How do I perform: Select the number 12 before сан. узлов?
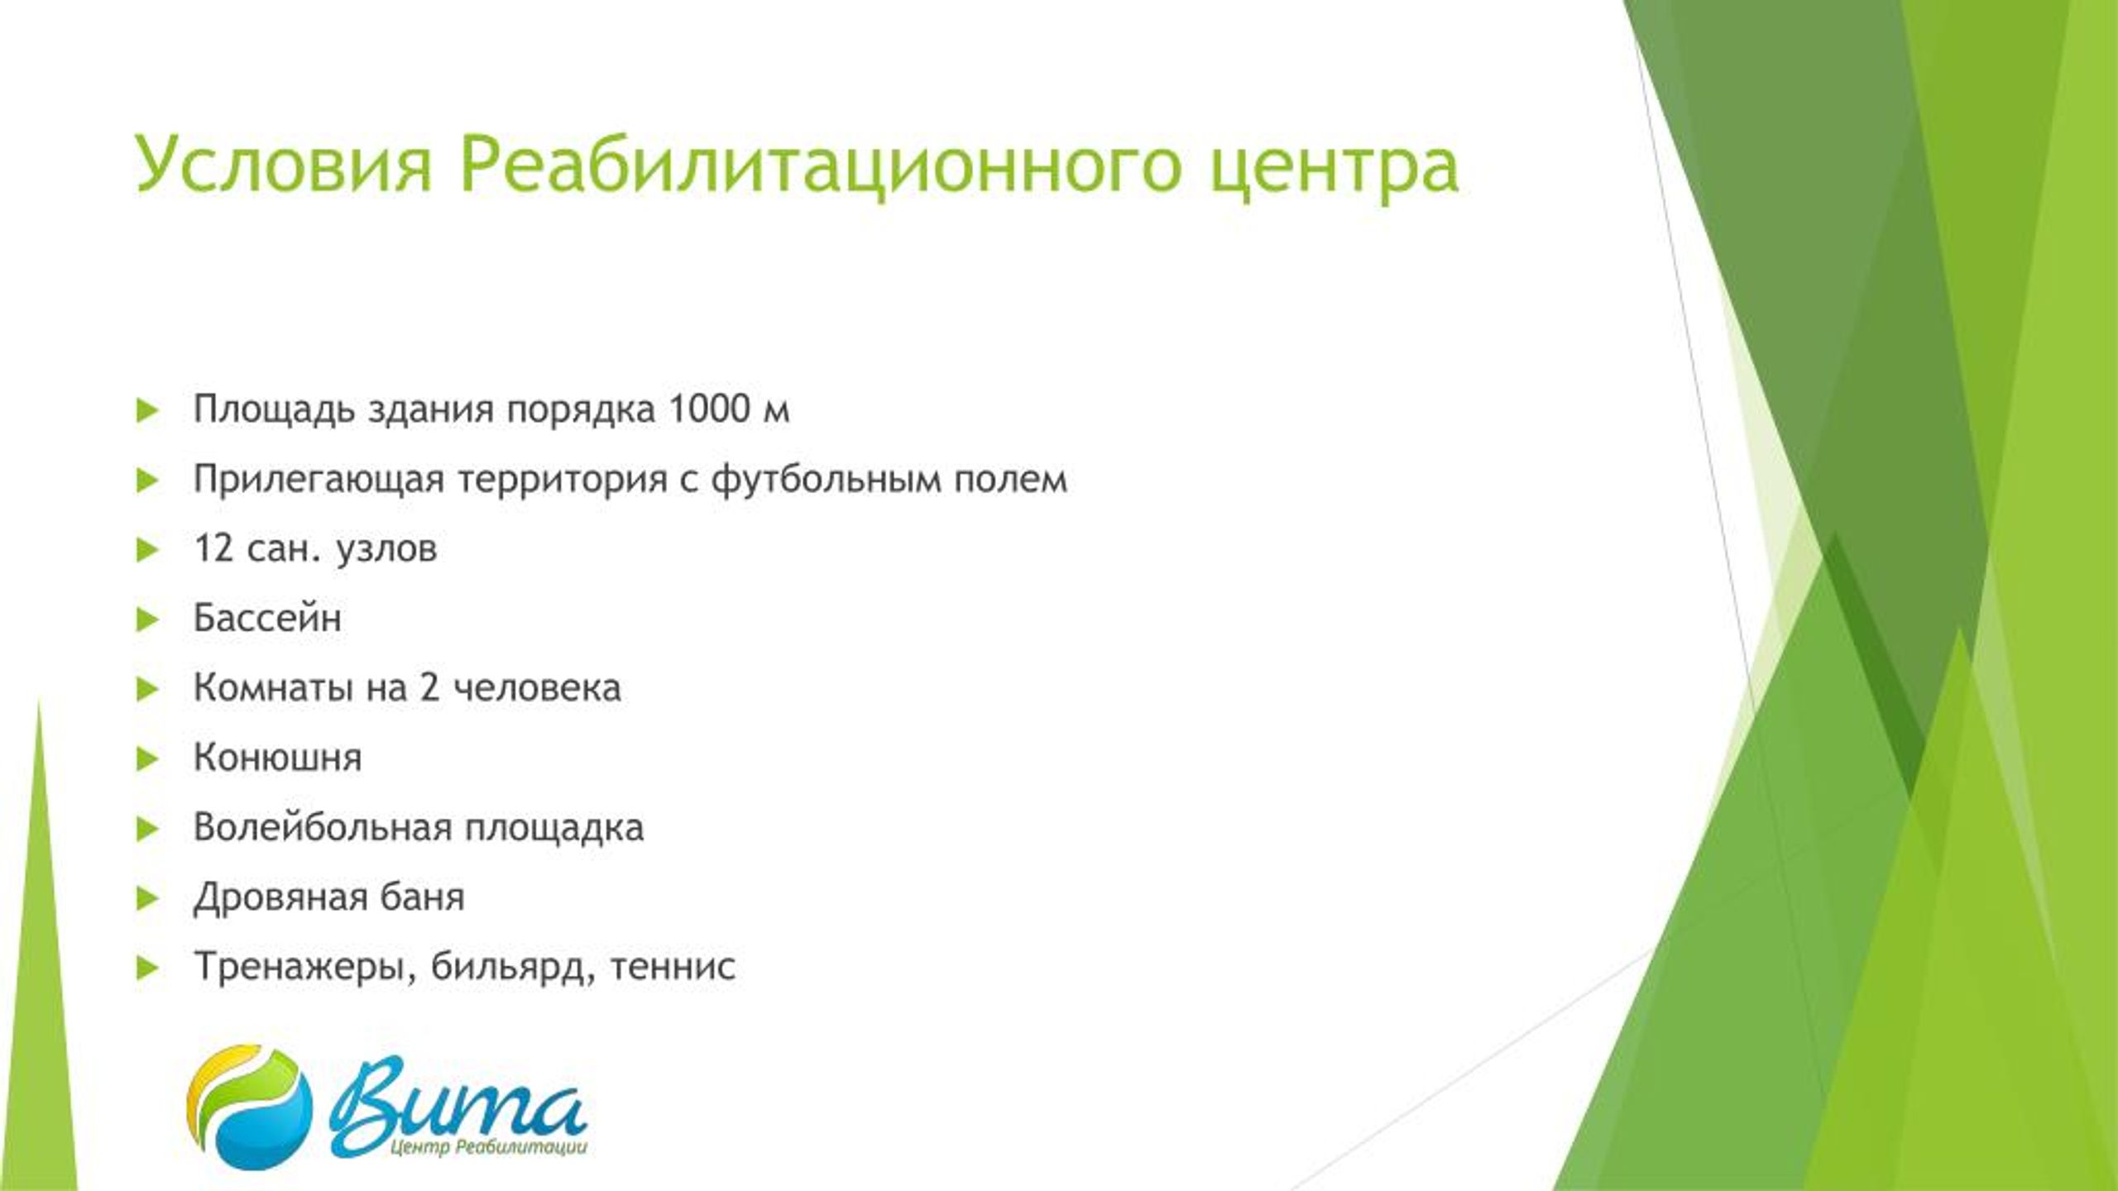pyautogui.click(x=213, y=548)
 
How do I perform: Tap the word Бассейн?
pyautogui.click(x=267, y=618)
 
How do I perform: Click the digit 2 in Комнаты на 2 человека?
pyautogui.click(x=429, y=687)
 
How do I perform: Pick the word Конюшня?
pyautogui.click(x=278, y=758)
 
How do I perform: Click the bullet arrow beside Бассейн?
pyautogui.click(x=147, y=619)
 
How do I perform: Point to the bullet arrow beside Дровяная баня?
pyautogui.click(x=147, y=897)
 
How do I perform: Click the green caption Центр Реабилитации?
pyautogui.click(x=488, y=1147)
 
